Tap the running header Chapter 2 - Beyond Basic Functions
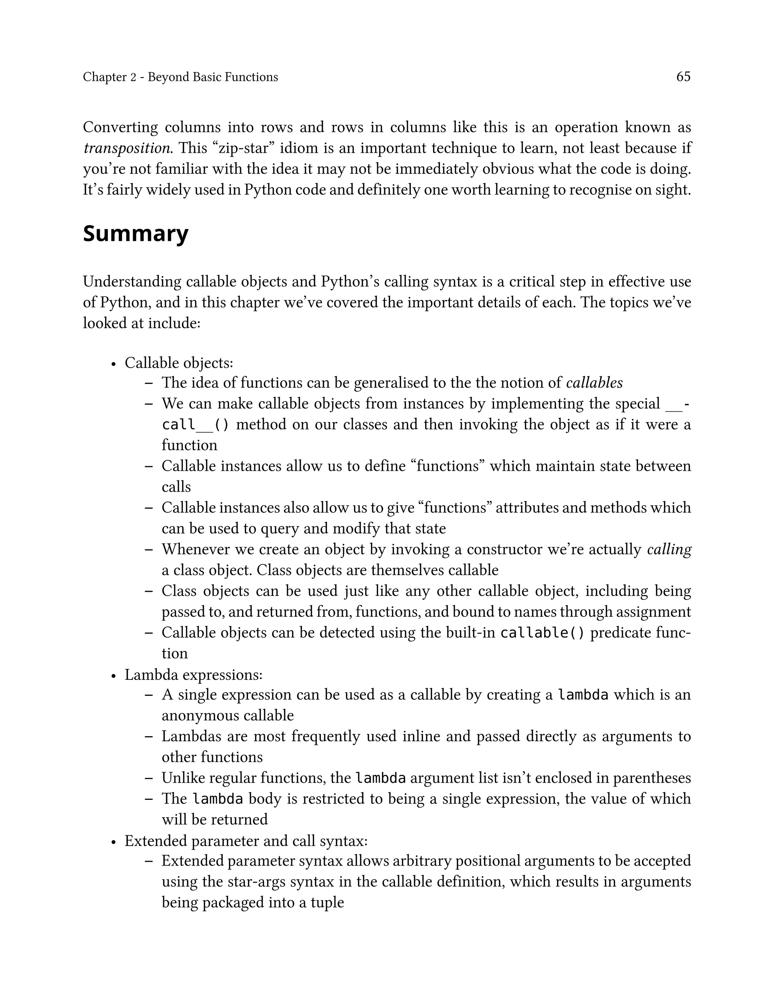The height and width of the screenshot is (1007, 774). [180, 77]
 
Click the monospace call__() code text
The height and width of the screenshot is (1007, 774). [195, 424]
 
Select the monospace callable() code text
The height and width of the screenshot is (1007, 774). [542, 633]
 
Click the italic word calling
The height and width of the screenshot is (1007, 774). [669, 549]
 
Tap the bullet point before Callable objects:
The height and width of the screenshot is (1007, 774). [113, 364]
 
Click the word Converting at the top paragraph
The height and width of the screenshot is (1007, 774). [120, 127]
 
